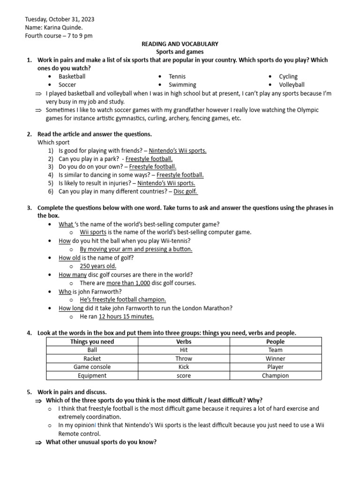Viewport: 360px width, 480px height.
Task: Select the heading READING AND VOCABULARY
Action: point(180,44)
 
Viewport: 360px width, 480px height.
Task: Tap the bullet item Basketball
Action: point(72,76)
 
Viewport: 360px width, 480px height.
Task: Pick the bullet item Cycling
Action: point(288,76)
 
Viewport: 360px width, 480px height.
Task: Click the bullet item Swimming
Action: point(182,85)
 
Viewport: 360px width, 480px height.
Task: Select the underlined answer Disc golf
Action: point(186,191)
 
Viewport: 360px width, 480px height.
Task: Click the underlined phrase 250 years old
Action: point(98,266)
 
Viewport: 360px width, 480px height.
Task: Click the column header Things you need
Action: point(92,342)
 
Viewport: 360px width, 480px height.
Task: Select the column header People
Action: point(275,342)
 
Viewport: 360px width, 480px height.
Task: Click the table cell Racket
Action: point(92,359)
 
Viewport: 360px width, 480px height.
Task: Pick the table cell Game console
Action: point(92,367)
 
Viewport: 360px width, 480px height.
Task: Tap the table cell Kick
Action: point(184,367)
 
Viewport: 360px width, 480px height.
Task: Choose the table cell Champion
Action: point(275,375)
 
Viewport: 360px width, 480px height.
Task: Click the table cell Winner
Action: point(275,359)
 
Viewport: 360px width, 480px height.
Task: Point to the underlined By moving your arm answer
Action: point(136,249)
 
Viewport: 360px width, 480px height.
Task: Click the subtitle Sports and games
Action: point(180,52)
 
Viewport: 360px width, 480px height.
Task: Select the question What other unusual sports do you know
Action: point(101,442)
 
